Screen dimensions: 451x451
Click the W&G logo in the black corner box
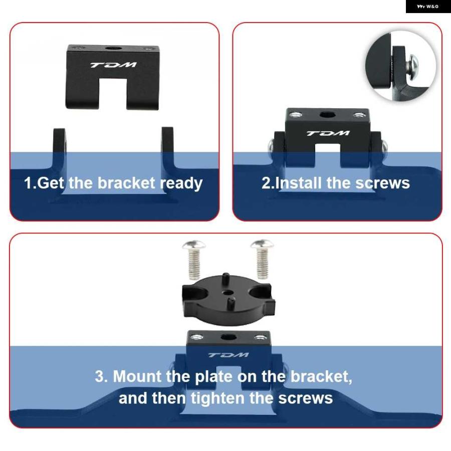[x=428, y=7]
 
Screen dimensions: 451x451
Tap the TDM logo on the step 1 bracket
[x=114, y=65]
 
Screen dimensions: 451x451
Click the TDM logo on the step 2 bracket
[x=328, y=133]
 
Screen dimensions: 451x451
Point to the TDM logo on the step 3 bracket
[x=229, y=355]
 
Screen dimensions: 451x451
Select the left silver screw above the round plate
[x=194, y=260]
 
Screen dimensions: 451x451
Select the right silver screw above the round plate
[x=262, y=259]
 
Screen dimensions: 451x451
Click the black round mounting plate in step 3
[x=229, y=299]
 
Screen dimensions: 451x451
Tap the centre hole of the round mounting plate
[x=228, y=293]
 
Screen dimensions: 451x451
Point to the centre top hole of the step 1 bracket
[x=112, y=48]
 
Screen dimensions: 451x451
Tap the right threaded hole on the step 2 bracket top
[x=359, y=115]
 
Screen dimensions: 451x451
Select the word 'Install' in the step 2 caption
[x=298, y=183]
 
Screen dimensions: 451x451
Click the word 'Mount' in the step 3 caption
[x=137, y=376]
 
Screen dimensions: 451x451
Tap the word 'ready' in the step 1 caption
[x=181, y=183]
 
